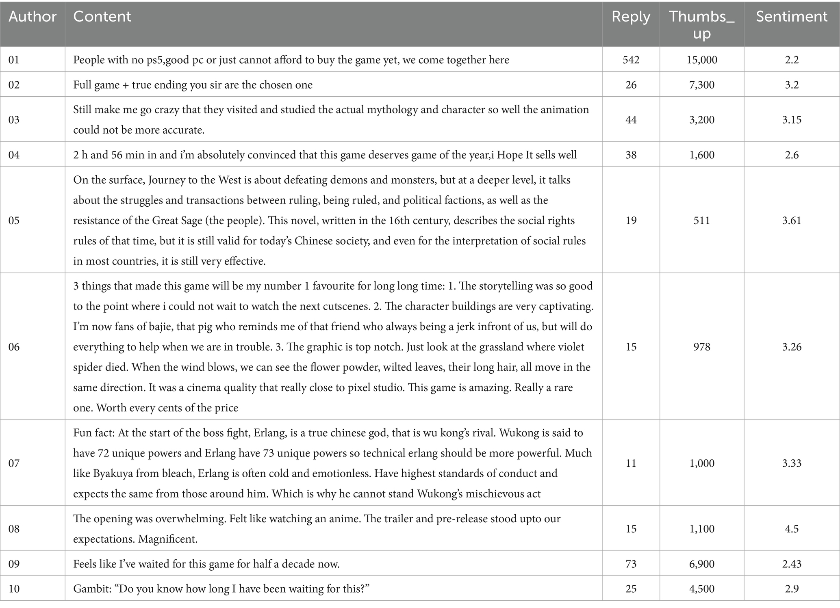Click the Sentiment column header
point(791,17)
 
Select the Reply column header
point(631,17)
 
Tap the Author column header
point(33,17)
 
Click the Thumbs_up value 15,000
point(702,60)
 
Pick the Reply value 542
point(631,60)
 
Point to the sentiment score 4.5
point(792,529)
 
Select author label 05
point(14,221)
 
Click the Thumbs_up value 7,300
point(702,85)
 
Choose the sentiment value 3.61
point(792,221)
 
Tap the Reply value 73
point(631,564)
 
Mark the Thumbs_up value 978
point(702,347)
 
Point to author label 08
point(14,529)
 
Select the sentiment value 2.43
point(792,564)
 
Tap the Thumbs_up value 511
point(702,221)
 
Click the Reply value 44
point(631,120)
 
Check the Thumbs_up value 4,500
point(702,589)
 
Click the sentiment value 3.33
point(792,463)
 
